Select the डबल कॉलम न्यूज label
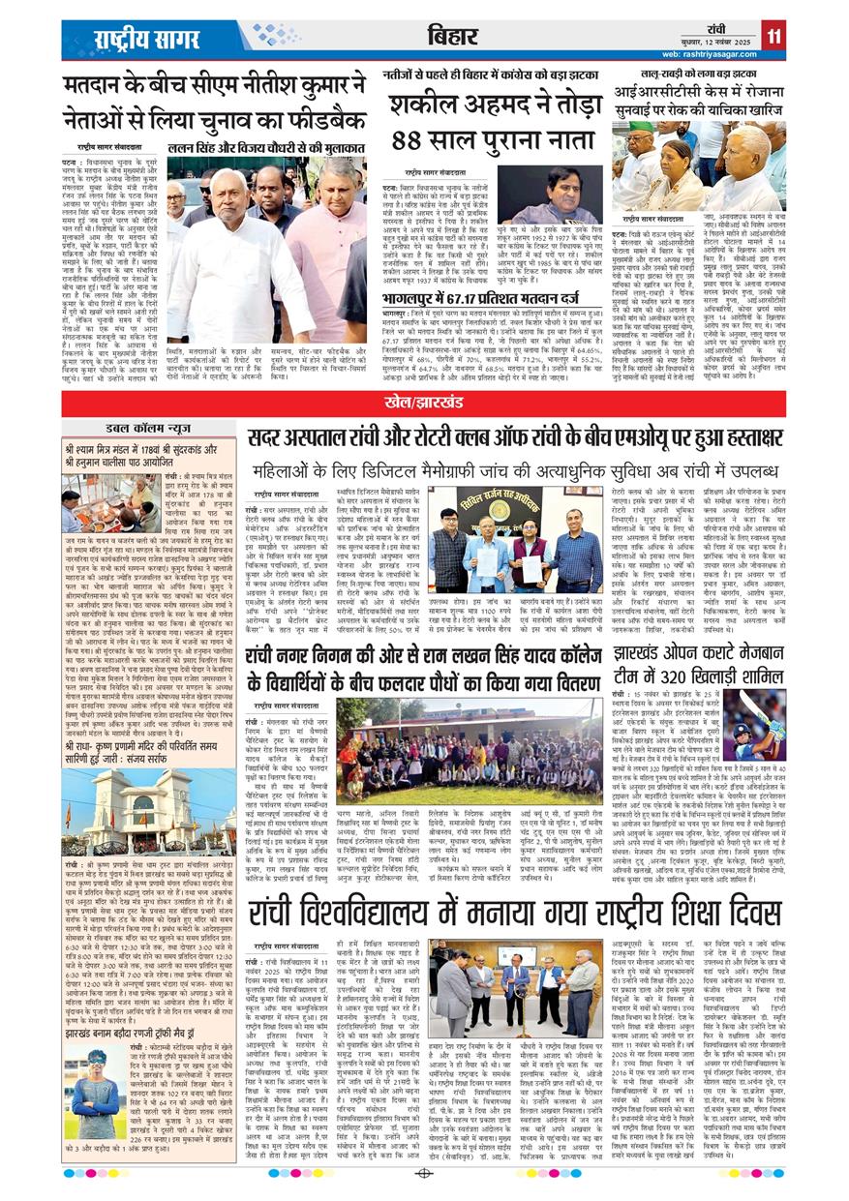tap(149, 427)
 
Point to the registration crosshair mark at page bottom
tap(424, 1173)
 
